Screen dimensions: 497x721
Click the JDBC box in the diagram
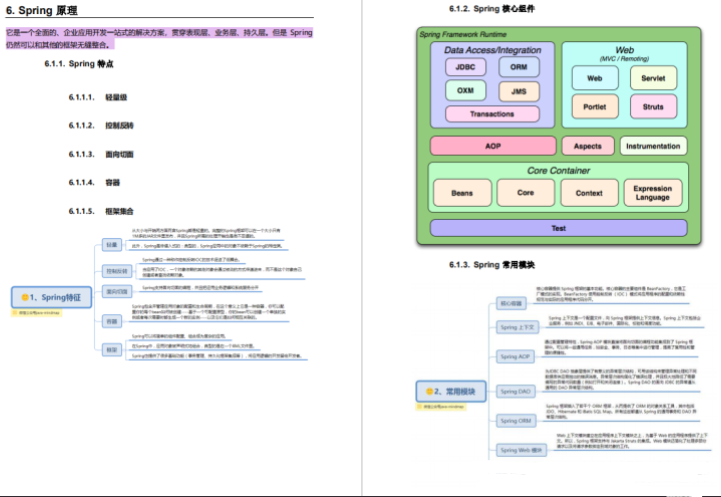465,68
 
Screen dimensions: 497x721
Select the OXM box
465,91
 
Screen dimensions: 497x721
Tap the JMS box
519,91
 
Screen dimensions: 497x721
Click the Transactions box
491,114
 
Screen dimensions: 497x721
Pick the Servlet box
652,77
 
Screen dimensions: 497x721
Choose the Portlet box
594,106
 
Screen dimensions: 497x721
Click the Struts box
652,106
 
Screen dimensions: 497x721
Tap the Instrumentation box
653,146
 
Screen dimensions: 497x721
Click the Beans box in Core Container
462,193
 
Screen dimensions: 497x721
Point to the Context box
589,193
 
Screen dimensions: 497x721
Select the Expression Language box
653,193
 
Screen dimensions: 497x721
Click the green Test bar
558,228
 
